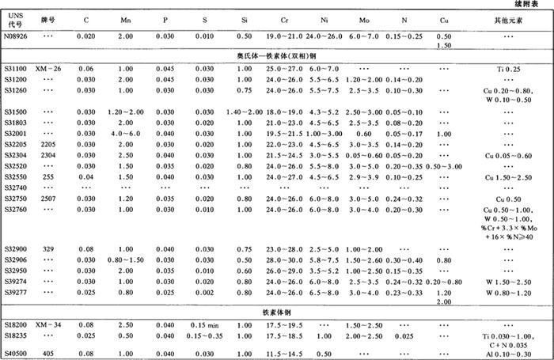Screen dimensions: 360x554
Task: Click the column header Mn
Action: pos(124,19)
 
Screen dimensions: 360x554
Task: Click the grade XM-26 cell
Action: pos(50,70)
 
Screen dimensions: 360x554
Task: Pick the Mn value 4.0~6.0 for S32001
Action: pos(124,135)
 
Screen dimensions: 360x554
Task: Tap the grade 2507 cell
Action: pos(49,199)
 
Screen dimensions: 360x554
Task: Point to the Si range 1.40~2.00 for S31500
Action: pos(243,112)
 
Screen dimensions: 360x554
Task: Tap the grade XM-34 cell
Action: pos(50,324)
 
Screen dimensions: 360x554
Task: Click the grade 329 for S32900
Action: pos(49,248)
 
